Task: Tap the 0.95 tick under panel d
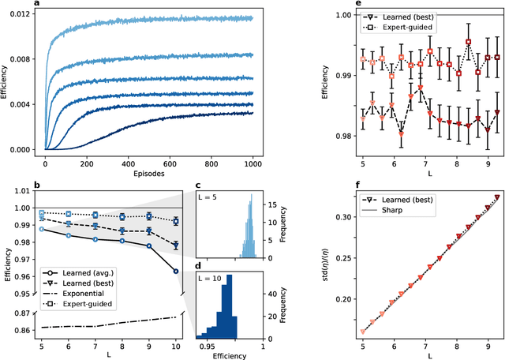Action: (x=208, y=346)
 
